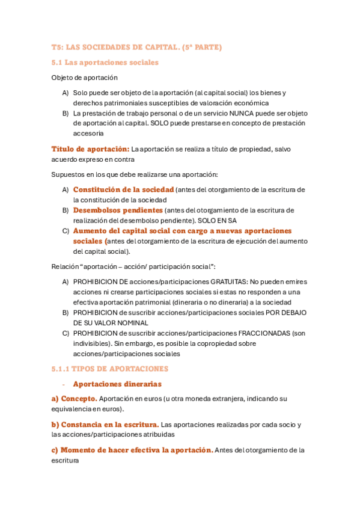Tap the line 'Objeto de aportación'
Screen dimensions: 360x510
(84, 78)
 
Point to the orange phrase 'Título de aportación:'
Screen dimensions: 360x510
(90, 149)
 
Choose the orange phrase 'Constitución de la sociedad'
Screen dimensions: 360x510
(123, 190)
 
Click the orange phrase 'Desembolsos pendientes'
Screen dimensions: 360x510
(118, 210)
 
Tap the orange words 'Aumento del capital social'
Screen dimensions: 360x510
(131, 231)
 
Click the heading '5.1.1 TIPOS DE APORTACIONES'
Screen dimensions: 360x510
(110, 369)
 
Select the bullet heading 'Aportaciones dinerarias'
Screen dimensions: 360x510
(117, 384)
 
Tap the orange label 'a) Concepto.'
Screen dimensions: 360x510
(74, 399)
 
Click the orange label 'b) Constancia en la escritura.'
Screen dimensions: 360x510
(105, 424)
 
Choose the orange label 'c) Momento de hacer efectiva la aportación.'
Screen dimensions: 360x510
(132, 450)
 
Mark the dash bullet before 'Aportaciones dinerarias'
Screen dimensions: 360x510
(64, 384)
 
